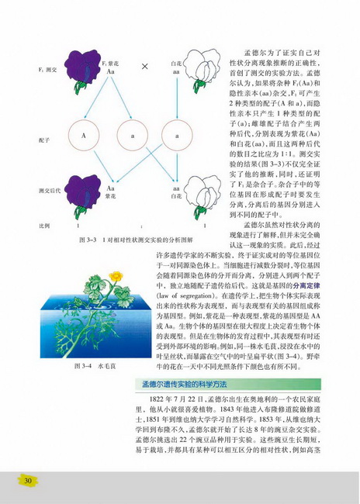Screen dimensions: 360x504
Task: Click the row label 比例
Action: (x=23, y=225)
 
